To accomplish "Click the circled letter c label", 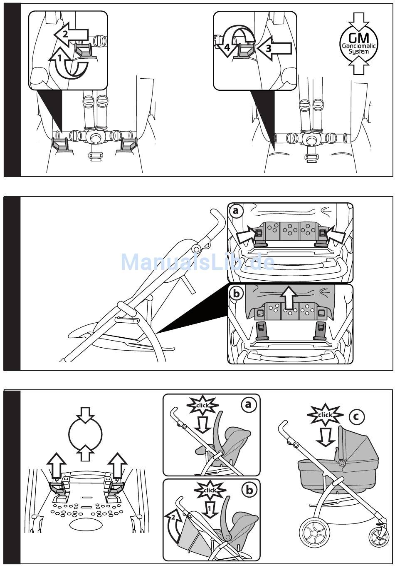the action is tap(356, 417).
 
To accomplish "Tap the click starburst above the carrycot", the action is tap(325, 415).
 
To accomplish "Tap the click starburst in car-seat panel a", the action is tap(202, 405).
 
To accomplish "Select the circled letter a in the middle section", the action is tap(236, 211).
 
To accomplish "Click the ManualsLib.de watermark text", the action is tap(197, 262).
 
